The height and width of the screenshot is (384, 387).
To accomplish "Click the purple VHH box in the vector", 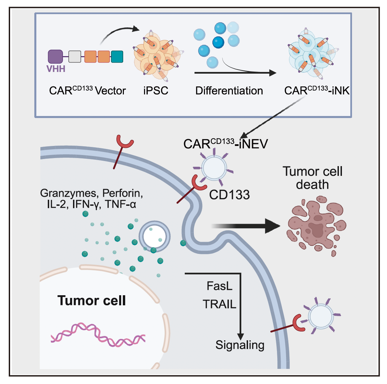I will pyautogui.click(x=56, y=56).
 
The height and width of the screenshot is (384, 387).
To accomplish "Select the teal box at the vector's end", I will pyautogui.click(x=117, y=56).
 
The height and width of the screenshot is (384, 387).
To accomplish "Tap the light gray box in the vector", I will pyautogui.click(x=75, y=56).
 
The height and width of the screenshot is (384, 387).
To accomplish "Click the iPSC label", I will pyautogui.click(x=155, y=91).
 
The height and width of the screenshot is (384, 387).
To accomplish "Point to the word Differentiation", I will pyautogui.click(x=229, y=91).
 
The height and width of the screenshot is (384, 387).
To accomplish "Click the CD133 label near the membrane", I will pyautogui.click(x=230, y=195).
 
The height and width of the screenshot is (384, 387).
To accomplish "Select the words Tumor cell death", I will pyautogui.click(x=312, y=178).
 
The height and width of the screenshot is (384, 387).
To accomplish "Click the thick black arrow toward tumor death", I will pyautogui.click(x=249, y=226).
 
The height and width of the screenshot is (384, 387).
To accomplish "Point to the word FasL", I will pyautogui.click(x=219, y=286).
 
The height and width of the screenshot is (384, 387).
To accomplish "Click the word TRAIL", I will pyautogui.click(x=219, y=304).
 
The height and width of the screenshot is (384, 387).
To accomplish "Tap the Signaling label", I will pyautogui.click(x=240, y=345).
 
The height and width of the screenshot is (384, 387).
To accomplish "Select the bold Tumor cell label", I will pyautogui.click(x=92, y=300).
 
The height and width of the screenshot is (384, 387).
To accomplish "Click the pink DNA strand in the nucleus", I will pyautogui.click(x=98, y=335).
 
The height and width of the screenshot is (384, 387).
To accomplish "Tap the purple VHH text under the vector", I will pyautogui.click(x=56, y=69).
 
